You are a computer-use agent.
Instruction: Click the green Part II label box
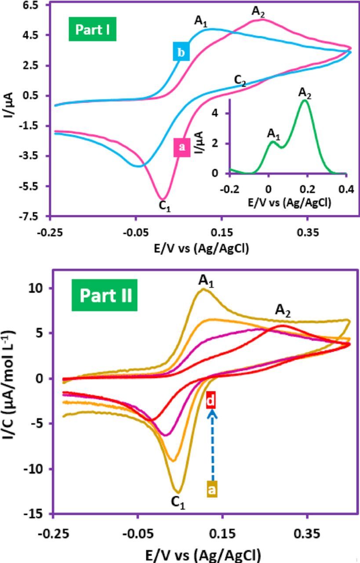(105, 296)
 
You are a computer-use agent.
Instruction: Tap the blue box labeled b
(181, 53)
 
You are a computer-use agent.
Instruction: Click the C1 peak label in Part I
(164, 207)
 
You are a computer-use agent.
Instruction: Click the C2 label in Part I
(240, 81)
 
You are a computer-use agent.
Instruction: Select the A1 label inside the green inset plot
(273, 134)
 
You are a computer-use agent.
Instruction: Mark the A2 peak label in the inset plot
(305, 93)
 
